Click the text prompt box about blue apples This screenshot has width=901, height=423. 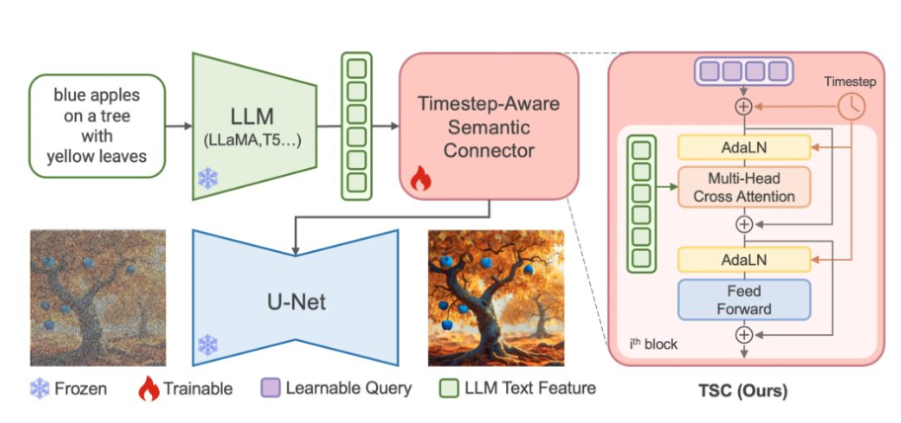[x=97, y=127]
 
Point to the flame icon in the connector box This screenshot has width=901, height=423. [x=419, y=179]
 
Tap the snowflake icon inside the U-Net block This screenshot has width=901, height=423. [x=208, y=345]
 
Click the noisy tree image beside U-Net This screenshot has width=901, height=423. [x=97, y=297]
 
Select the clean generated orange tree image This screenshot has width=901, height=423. [x=495, y=297]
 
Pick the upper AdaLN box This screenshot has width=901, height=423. [x=743, y=147]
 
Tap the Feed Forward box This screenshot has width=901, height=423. [x=743, y=298]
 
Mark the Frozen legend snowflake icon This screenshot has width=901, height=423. [x=40, y=388]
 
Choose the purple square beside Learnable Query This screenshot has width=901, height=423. [x=267, y=388]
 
